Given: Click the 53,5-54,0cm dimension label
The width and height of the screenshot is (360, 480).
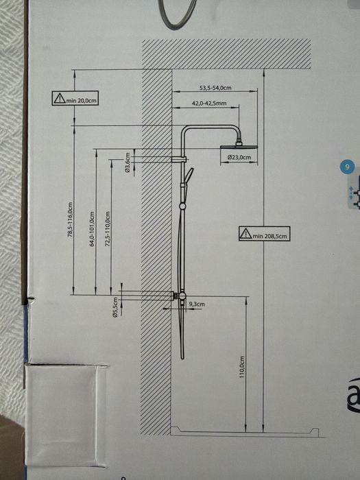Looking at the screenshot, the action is click(x=215, y=88).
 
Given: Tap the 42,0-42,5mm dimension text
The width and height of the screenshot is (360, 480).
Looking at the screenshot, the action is click(x=209, y=104).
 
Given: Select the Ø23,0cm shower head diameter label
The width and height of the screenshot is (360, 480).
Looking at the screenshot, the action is click(x=239, y=157).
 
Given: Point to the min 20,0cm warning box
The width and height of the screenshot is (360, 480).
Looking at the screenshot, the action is click(x=75, y=98).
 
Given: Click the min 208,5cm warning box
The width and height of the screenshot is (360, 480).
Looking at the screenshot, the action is click(x=264, y=234).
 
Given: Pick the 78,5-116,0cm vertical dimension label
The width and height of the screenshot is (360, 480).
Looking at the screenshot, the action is click(x=70, y=219).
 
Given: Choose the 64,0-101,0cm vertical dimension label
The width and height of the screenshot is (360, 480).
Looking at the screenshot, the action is click(x=92, y=229).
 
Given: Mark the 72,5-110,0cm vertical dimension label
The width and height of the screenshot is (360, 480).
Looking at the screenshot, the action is click(x=107, y=229).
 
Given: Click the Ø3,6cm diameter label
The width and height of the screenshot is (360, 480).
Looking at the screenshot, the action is click(x=128, y=163).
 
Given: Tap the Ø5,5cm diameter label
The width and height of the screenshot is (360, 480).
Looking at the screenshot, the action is click(x=115, y=307).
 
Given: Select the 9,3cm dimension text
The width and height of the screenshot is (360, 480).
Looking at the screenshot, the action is click(x=197, y=304).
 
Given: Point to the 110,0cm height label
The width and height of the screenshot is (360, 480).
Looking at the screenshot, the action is click(x=242, y=367).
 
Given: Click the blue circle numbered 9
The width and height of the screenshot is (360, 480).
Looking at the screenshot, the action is click(x=347, y=167).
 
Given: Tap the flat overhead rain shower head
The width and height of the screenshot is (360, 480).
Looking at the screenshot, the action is click(x=239, y=147).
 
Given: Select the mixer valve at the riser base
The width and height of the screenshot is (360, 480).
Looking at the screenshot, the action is click(x=181, y=296).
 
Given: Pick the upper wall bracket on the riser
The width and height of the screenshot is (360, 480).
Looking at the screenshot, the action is click(x=180, y=159).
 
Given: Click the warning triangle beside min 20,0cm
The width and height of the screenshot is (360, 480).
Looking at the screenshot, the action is click(x=60, y=98).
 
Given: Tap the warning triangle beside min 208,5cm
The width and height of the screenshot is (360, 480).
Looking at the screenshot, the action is click(x=245, y=234).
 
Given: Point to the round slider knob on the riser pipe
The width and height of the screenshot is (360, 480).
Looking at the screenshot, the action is click(x=182, y=206).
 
